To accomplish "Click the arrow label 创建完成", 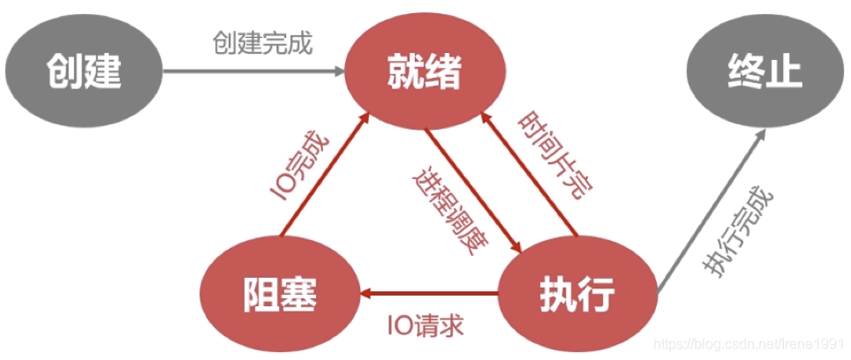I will (x=262, y=43).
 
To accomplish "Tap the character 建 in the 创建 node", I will (x=104, y=71).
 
